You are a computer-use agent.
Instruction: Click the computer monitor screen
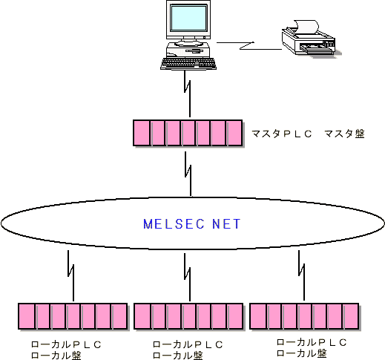[188, 18]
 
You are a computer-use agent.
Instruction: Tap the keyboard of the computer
[188, 64]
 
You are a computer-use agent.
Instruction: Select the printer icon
[311, 39]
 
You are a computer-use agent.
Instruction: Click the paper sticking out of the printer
[306, 27]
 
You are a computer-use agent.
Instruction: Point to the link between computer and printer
[249, 46]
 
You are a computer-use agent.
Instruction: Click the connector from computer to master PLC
[188, 94]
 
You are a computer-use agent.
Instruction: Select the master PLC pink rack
[188, 133]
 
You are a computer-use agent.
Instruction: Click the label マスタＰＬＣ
[281, 134]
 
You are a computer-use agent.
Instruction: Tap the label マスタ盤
[344, 134]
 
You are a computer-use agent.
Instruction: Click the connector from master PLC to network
[189, 174]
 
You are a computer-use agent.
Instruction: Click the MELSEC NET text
[192, 224]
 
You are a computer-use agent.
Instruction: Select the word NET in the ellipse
[226, 224]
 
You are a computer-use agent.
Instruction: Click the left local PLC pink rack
[73, 316]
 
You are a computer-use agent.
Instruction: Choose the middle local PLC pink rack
[188, 316]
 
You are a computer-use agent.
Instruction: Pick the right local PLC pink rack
[304, 316]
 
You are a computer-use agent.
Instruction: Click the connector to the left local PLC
[71, 275]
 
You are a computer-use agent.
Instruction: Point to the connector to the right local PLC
[302, 275]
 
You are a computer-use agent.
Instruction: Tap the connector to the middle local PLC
[188, 277]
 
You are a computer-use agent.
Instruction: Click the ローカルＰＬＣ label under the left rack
[66, 344]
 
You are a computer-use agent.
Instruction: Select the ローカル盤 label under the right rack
[301, 353]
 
